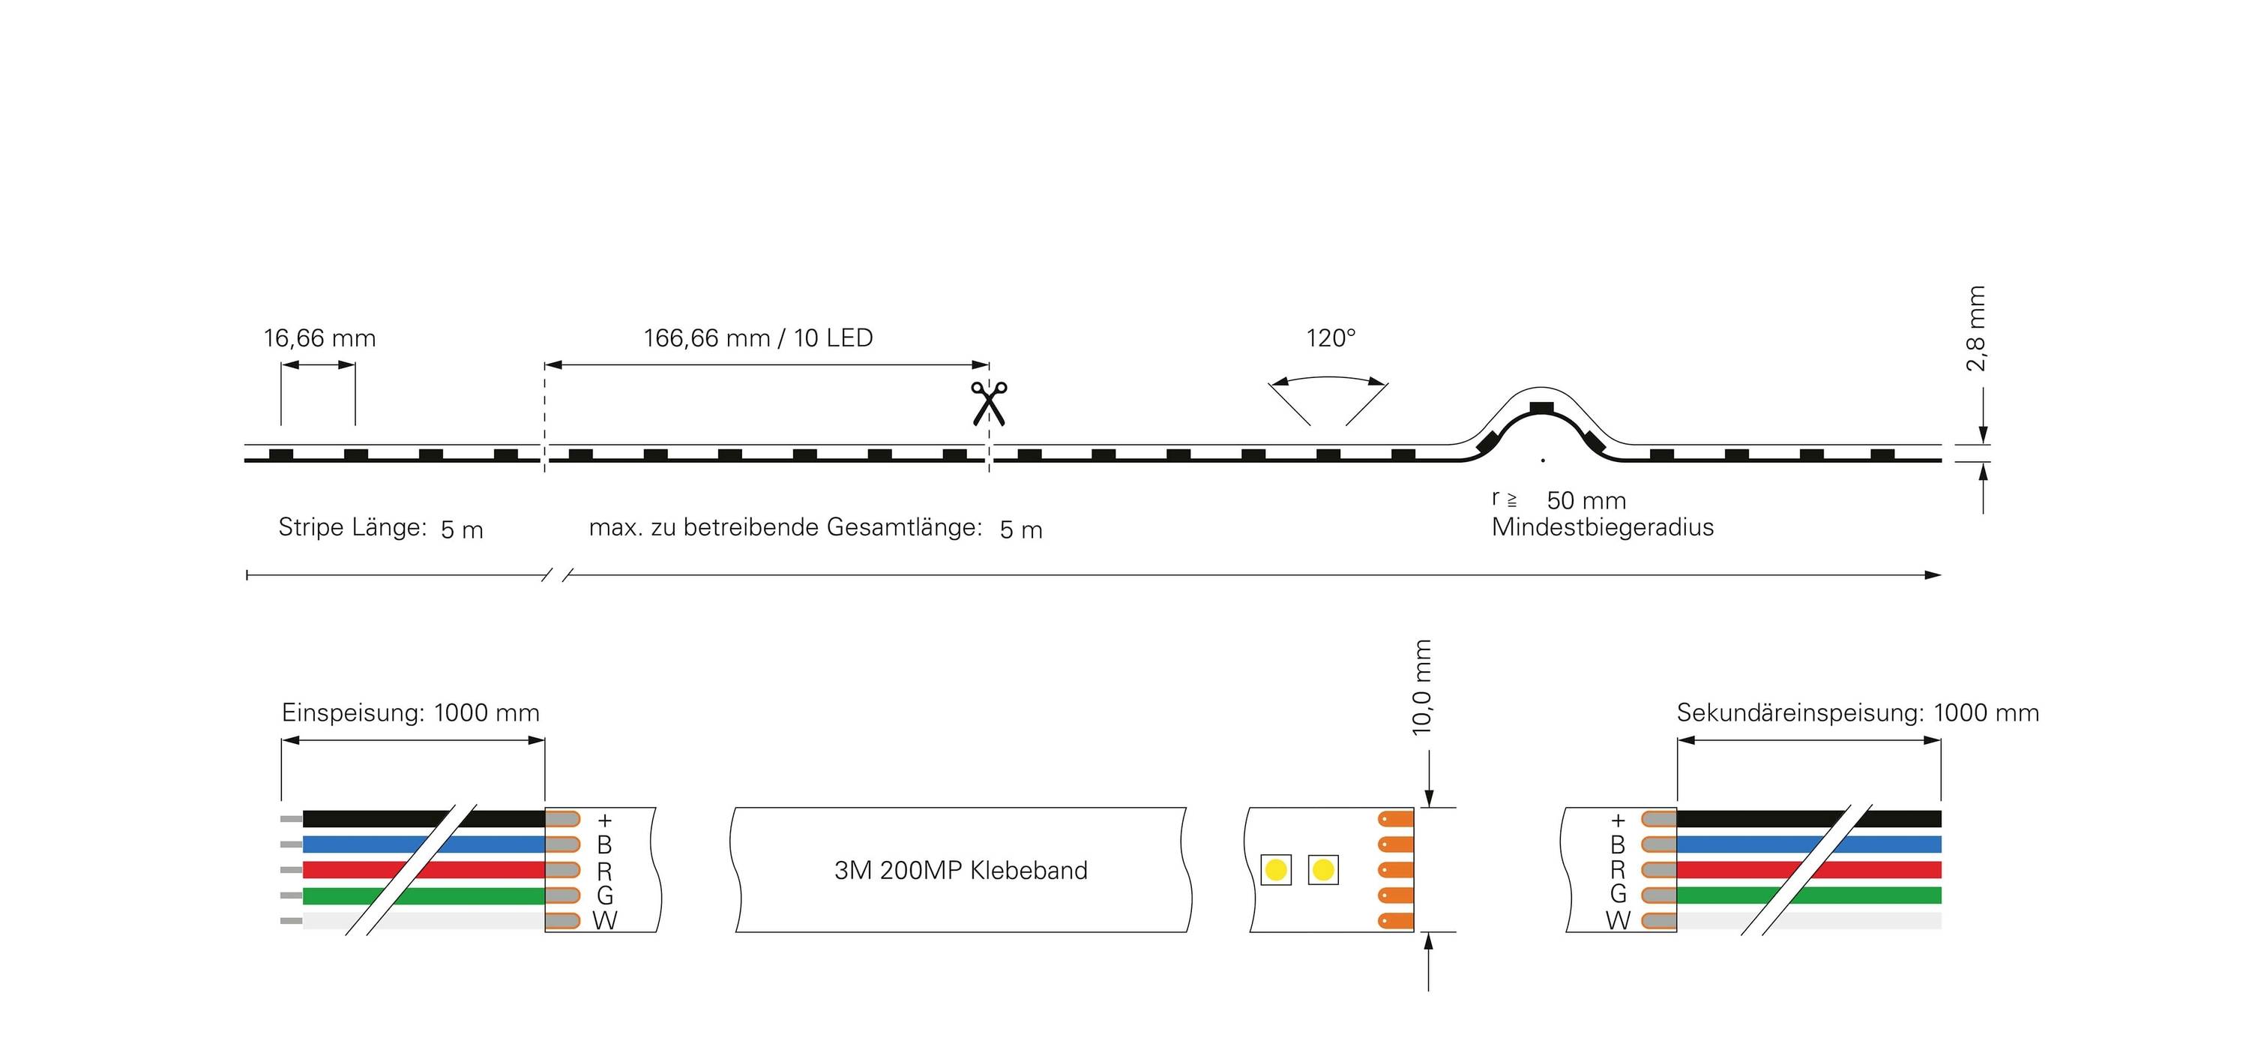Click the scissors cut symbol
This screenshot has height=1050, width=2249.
988,403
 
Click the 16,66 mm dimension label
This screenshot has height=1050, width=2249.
319,338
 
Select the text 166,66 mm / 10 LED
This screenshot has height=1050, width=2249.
758,338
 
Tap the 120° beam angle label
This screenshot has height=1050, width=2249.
1331,338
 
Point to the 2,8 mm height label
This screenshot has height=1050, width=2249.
1975,328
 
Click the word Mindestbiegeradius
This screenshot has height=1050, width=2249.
1602,527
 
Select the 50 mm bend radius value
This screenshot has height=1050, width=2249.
1586,500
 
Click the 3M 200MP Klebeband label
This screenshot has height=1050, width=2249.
960,870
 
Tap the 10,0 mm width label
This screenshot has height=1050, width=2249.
1422,686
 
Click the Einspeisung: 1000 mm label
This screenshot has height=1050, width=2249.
410,712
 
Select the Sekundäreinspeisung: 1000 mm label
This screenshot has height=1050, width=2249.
1858,712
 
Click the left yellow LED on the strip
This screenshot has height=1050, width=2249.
1275,870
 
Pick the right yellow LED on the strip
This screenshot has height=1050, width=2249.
1322,870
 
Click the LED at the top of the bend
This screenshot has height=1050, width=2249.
1541,407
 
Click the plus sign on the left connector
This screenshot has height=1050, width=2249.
604,820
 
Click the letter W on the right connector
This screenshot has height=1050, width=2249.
1617,919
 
